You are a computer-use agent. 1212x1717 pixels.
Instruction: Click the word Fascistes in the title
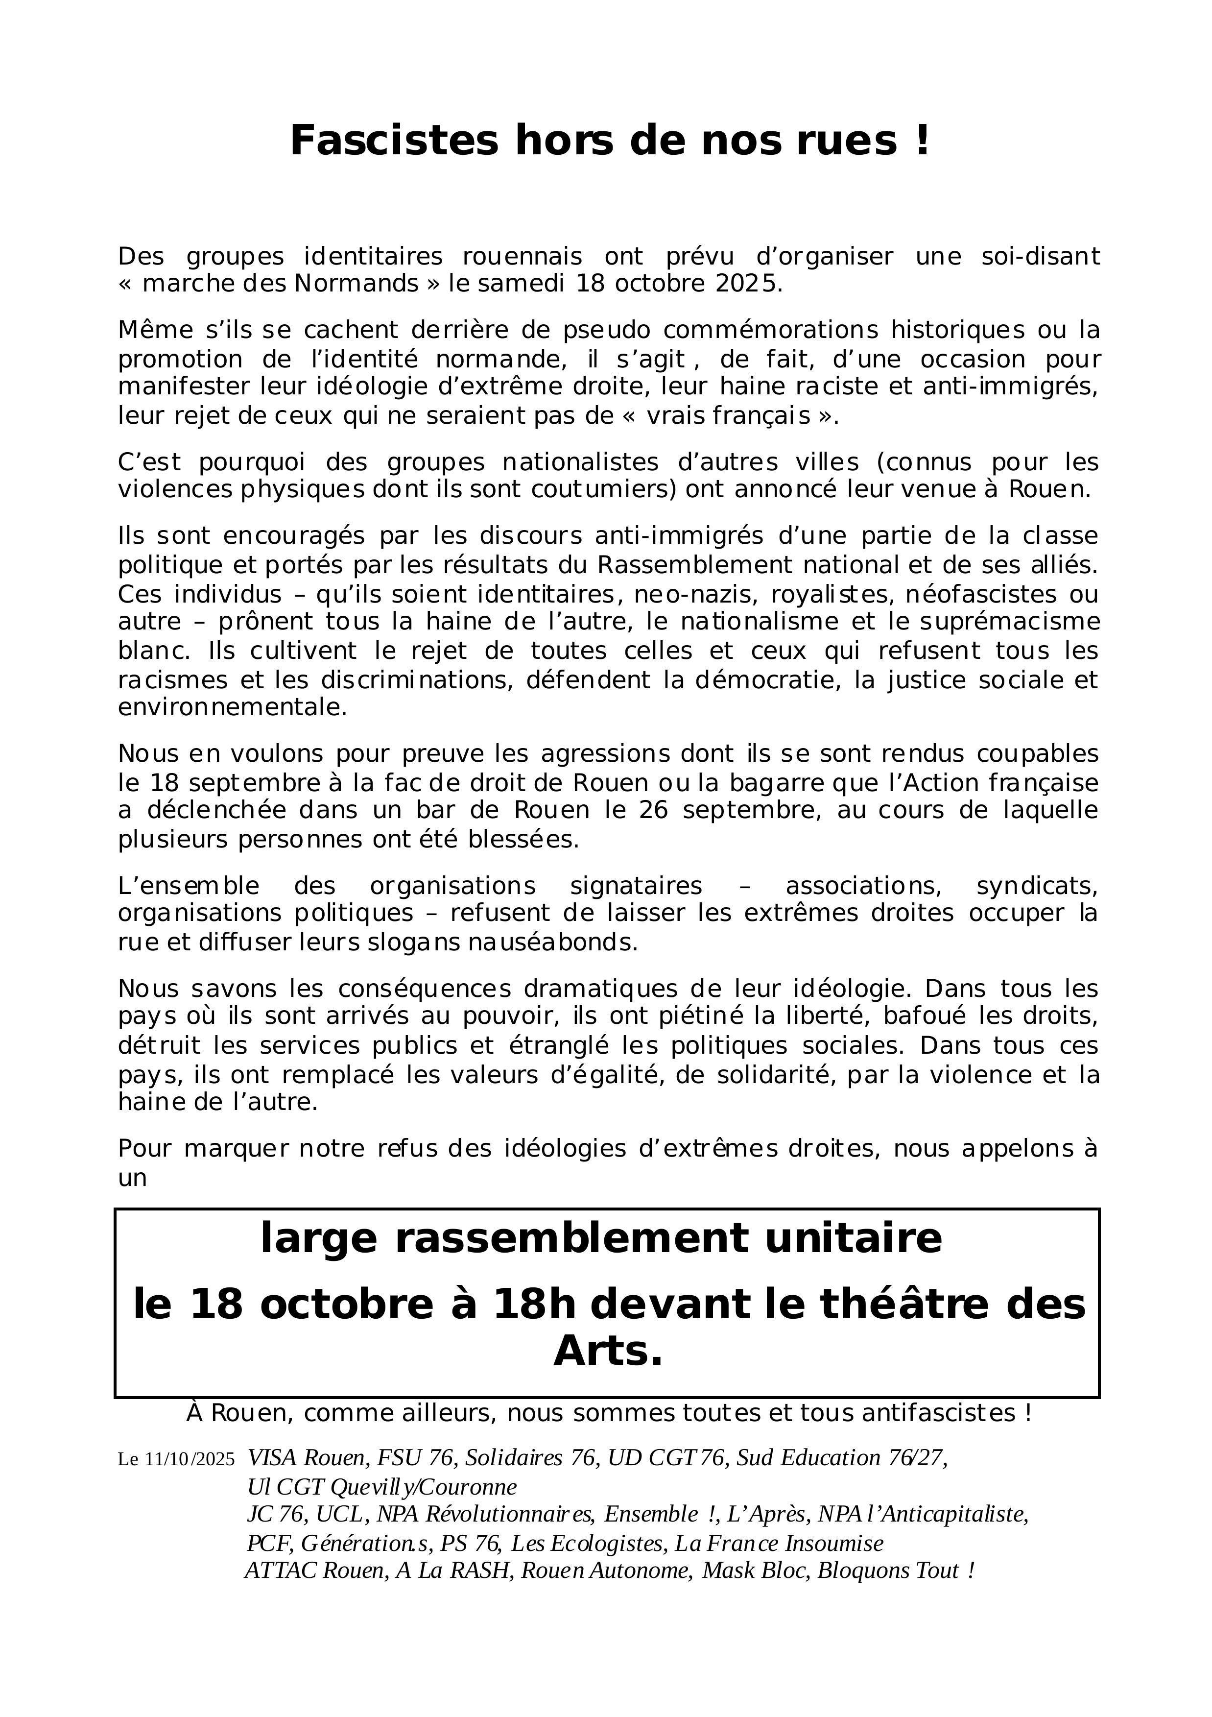coord(393,141)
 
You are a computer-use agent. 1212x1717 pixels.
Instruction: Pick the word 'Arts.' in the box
coord(608,1352)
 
